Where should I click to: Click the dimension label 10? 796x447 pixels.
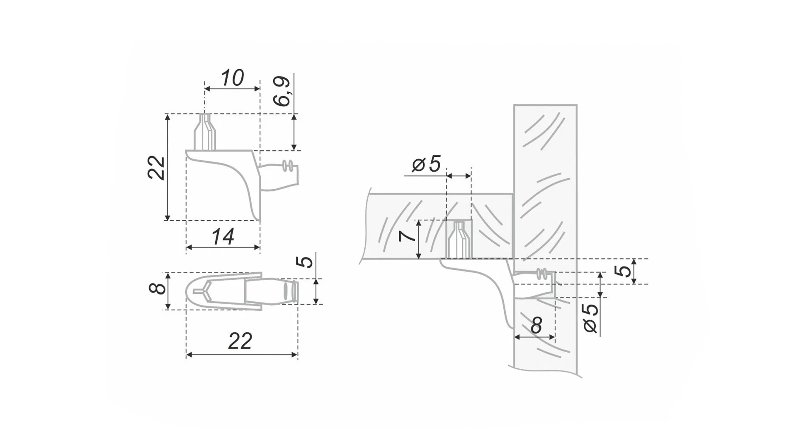tap(232, 78)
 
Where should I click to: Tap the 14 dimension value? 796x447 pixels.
tap(223, 237)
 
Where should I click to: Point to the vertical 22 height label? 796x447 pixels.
tap(156, 167)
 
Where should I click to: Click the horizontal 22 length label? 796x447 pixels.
tap(240, 341)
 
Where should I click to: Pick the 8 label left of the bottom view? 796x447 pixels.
tap(157, 288)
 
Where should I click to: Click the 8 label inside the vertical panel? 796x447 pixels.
tap(536, 325)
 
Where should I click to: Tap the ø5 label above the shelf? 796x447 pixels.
tap(426, 164)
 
